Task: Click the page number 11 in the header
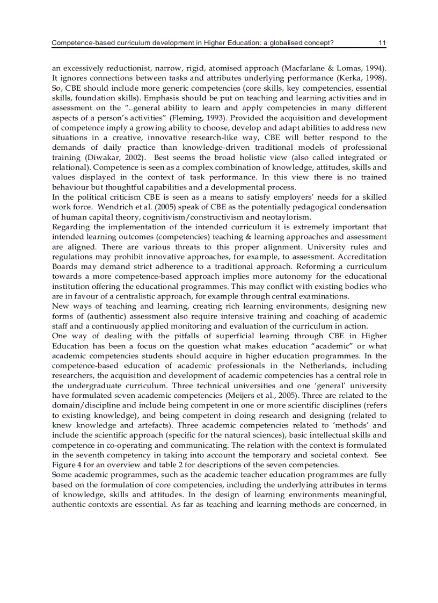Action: (x=382, y=42)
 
